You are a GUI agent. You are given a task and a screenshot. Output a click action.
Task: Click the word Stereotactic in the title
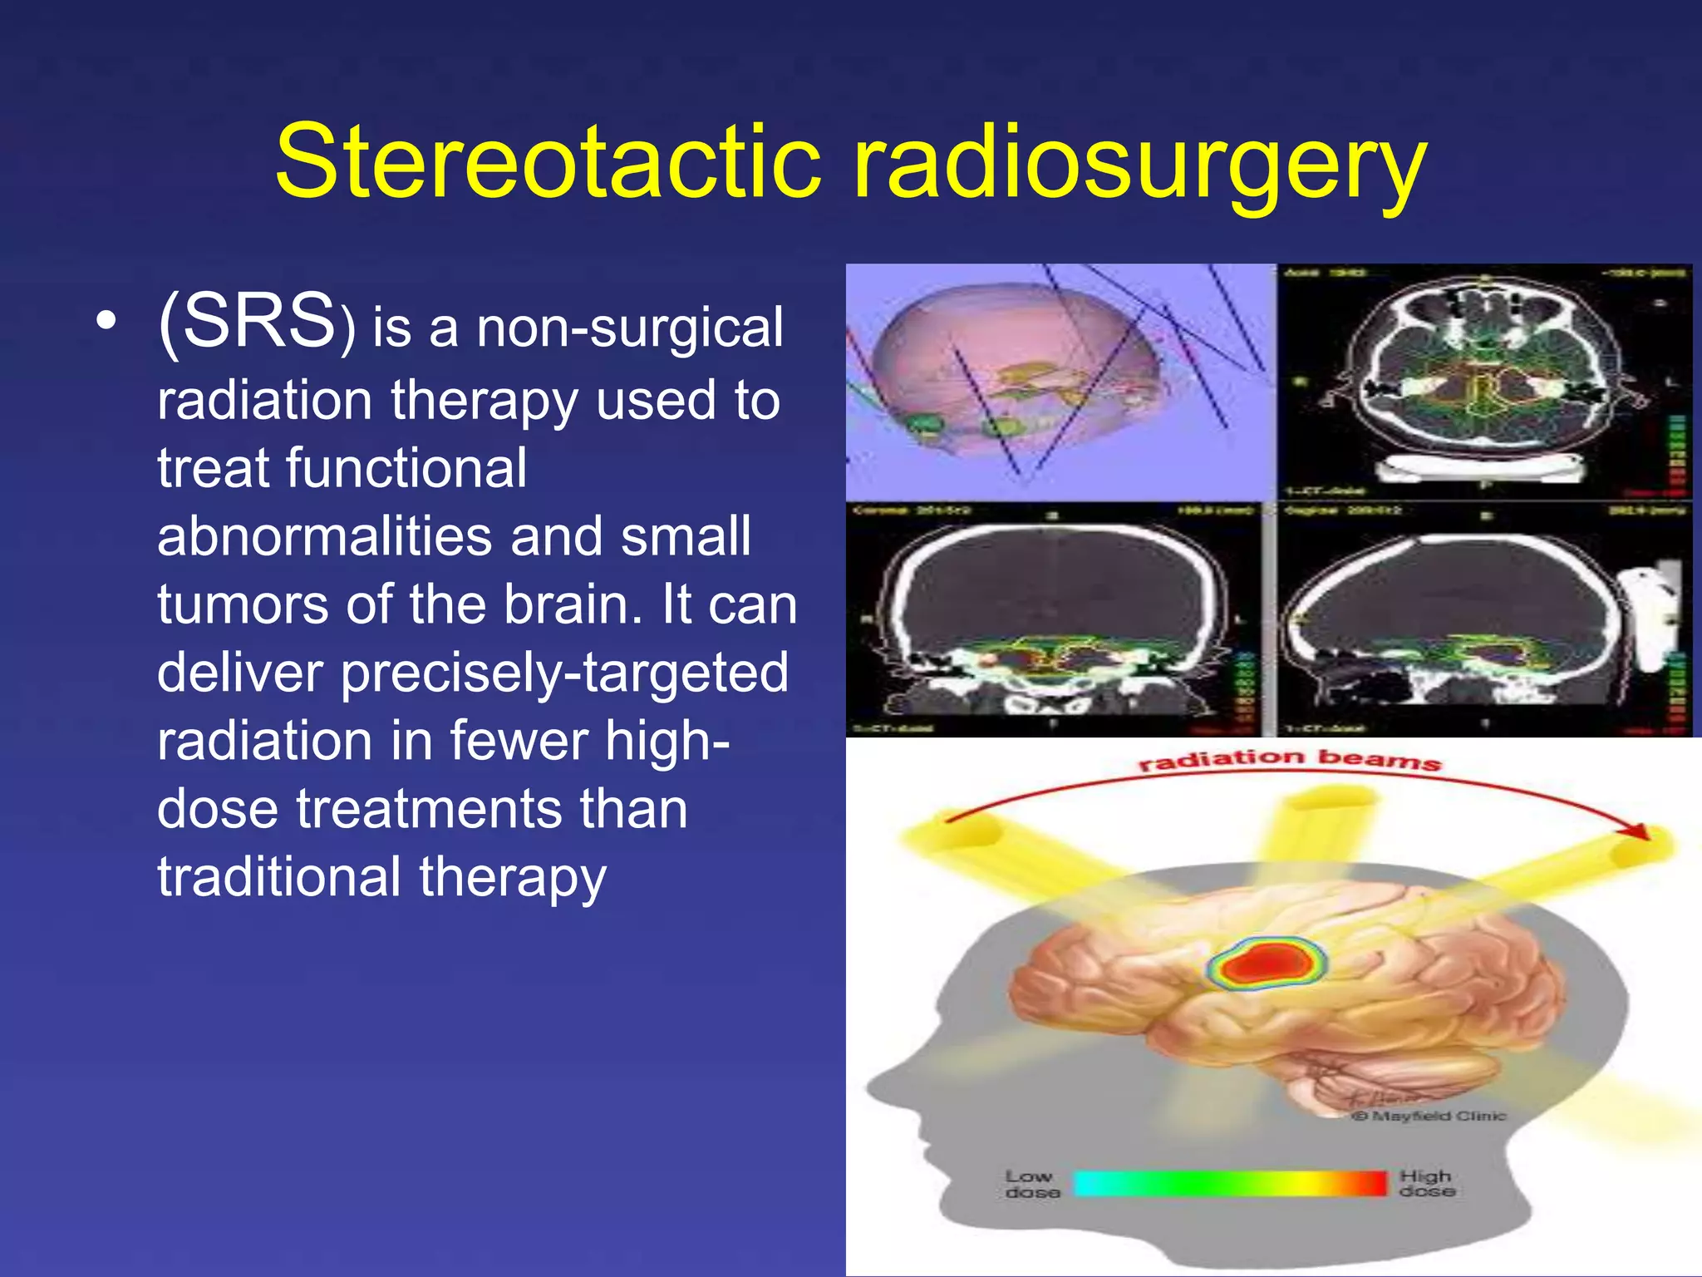tap(548, 162)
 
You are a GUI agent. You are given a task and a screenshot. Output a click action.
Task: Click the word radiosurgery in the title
tap(1139, 162)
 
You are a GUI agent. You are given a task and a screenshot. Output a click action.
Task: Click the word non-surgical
tap(629, 328)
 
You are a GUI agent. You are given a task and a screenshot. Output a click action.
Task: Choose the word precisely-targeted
tap(564, 673)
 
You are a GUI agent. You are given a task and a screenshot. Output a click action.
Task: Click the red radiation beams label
tap(1288, 759)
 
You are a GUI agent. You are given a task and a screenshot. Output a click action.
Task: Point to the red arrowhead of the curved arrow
tap(1636, 831)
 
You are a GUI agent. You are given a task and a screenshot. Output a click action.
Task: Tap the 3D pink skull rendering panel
tap(1060, 382)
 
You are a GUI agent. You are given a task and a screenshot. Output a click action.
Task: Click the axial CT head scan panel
tap(1483, 382)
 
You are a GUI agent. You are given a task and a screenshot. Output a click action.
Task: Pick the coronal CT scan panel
tap(1054, 619)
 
